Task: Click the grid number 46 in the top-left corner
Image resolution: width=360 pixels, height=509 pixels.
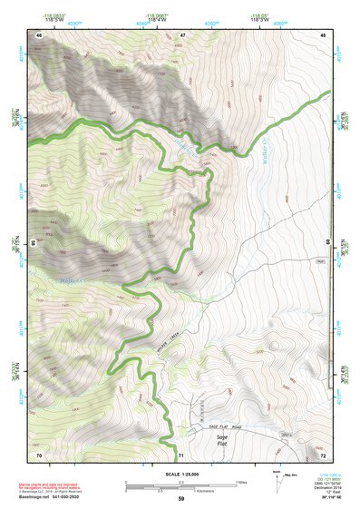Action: (x=39, y=34)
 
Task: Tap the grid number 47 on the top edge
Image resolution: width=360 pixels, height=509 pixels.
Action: (x=182, y=34)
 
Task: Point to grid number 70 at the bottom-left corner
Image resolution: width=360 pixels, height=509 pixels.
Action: (x=39, y=454)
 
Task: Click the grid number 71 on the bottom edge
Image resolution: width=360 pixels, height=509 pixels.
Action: (x=182, y=454)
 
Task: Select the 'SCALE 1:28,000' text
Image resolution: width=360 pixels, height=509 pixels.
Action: (x=180, y=471)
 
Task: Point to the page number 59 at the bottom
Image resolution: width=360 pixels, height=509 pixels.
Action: (x=180, y=499)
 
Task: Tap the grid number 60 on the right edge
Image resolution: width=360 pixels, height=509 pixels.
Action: (x=327, y=242)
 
